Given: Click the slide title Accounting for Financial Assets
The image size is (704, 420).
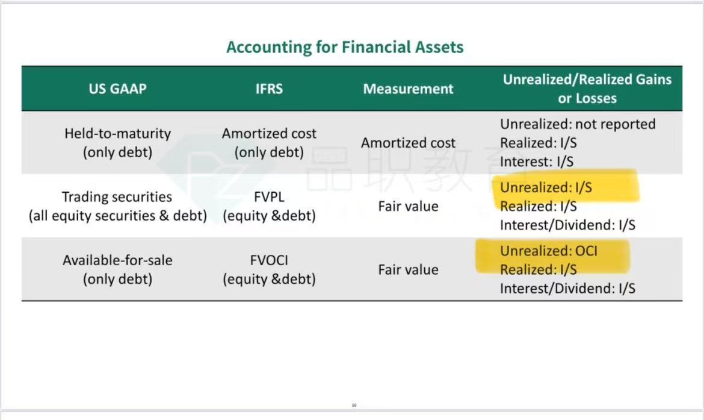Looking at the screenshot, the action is (x=345, y=47).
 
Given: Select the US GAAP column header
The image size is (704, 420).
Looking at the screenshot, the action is (x=117, y=89).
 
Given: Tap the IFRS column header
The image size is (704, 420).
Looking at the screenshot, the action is (x=269, y=89).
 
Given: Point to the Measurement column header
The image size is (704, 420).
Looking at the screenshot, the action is (x=408, y=89).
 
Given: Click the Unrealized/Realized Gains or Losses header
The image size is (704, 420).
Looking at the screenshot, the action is (x=587, y=89).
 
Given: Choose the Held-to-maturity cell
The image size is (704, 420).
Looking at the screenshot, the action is (x=117, y=143).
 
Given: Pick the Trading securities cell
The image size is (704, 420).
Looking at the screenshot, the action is (x=117, y=206).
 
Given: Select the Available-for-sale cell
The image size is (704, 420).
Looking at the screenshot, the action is (x=117, y=269).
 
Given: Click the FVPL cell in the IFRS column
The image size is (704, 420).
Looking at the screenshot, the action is (x=269, y=206).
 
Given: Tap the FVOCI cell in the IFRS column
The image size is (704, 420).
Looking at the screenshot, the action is (x=269, y=269).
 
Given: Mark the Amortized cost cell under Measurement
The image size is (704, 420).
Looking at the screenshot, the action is (x=408, y=143).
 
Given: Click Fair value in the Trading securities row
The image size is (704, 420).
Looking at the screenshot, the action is (x=408, y=207).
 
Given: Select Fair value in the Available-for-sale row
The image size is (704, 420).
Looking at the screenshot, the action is (x=408, y=270).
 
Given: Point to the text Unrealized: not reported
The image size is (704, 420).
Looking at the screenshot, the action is (x=578, y=124).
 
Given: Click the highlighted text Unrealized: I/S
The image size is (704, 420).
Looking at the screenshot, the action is (x=546, y=187).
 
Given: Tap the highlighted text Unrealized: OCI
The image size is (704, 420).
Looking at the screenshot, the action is (x=549, y=251).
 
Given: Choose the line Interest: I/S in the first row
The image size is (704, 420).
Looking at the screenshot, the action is (x=537, y=161).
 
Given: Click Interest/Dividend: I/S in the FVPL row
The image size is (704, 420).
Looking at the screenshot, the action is (x=567, y=225).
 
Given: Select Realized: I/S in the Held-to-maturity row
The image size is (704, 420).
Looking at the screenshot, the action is (x=539, y=143).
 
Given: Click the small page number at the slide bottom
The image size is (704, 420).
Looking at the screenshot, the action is (x=354, y=405).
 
